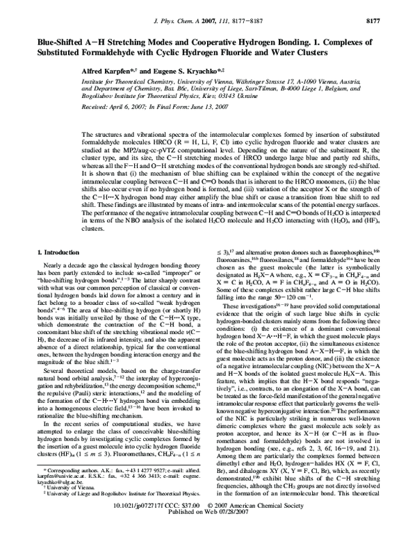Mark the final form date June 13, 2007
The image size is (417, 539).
pyautogui.click(x=164, y=108)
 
